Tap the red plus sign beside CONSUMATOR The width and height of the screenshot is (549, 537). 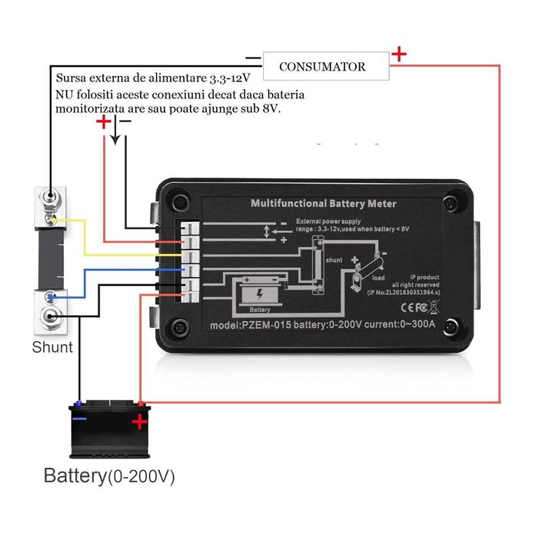[399, 55]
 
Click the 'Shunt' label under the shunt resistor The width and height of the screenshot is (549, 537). [52, 347]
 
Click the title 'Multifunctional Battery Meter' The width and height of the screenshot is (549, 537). [324, 204]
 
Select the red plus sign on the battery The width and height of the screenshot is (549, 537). [139, 421]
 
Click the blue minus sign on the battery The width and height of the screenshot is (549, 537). [79, 419]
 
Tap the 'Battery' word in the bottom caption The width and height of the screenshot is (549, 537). [74, 476]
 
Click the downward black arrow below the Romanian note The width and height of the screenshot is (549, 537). [115, 136]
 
